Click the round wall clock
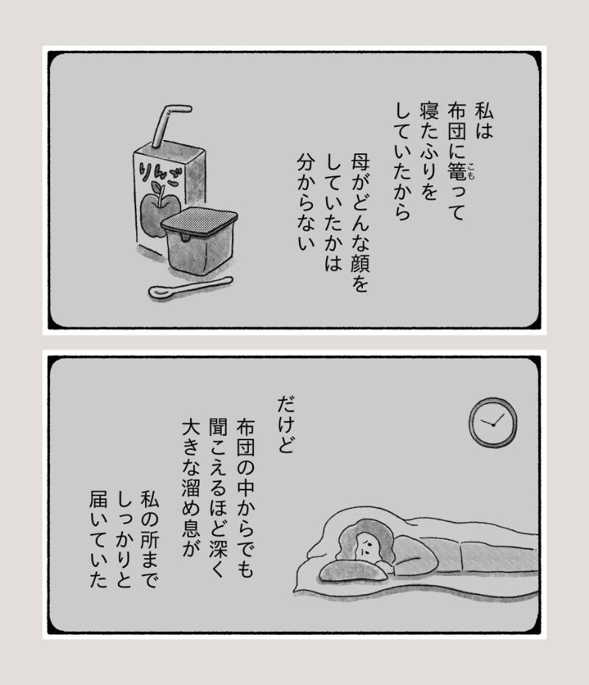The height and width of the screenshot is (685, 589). click(493, 423)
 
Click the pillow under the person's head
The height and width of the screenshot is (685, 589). click(353, 571)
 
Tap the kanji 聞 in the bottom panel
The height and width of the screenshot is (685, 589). click(218, 427)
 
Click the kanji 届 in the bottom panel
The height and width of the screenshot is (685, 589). click(98, 499)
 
